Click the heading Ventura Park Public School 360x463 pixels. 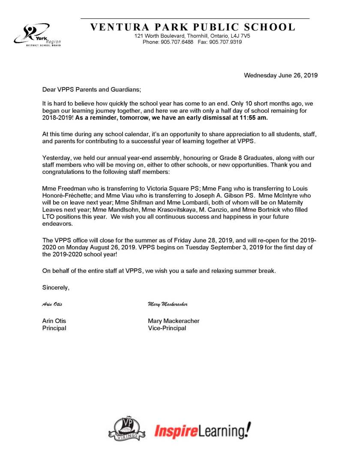[x=193, y=27]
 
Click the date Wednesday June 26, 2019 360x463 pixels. [x=280, y=75]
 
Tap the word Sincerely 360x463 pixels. [x=56, y=287]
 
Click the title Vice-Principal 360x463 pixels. [x=167, y=328]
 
